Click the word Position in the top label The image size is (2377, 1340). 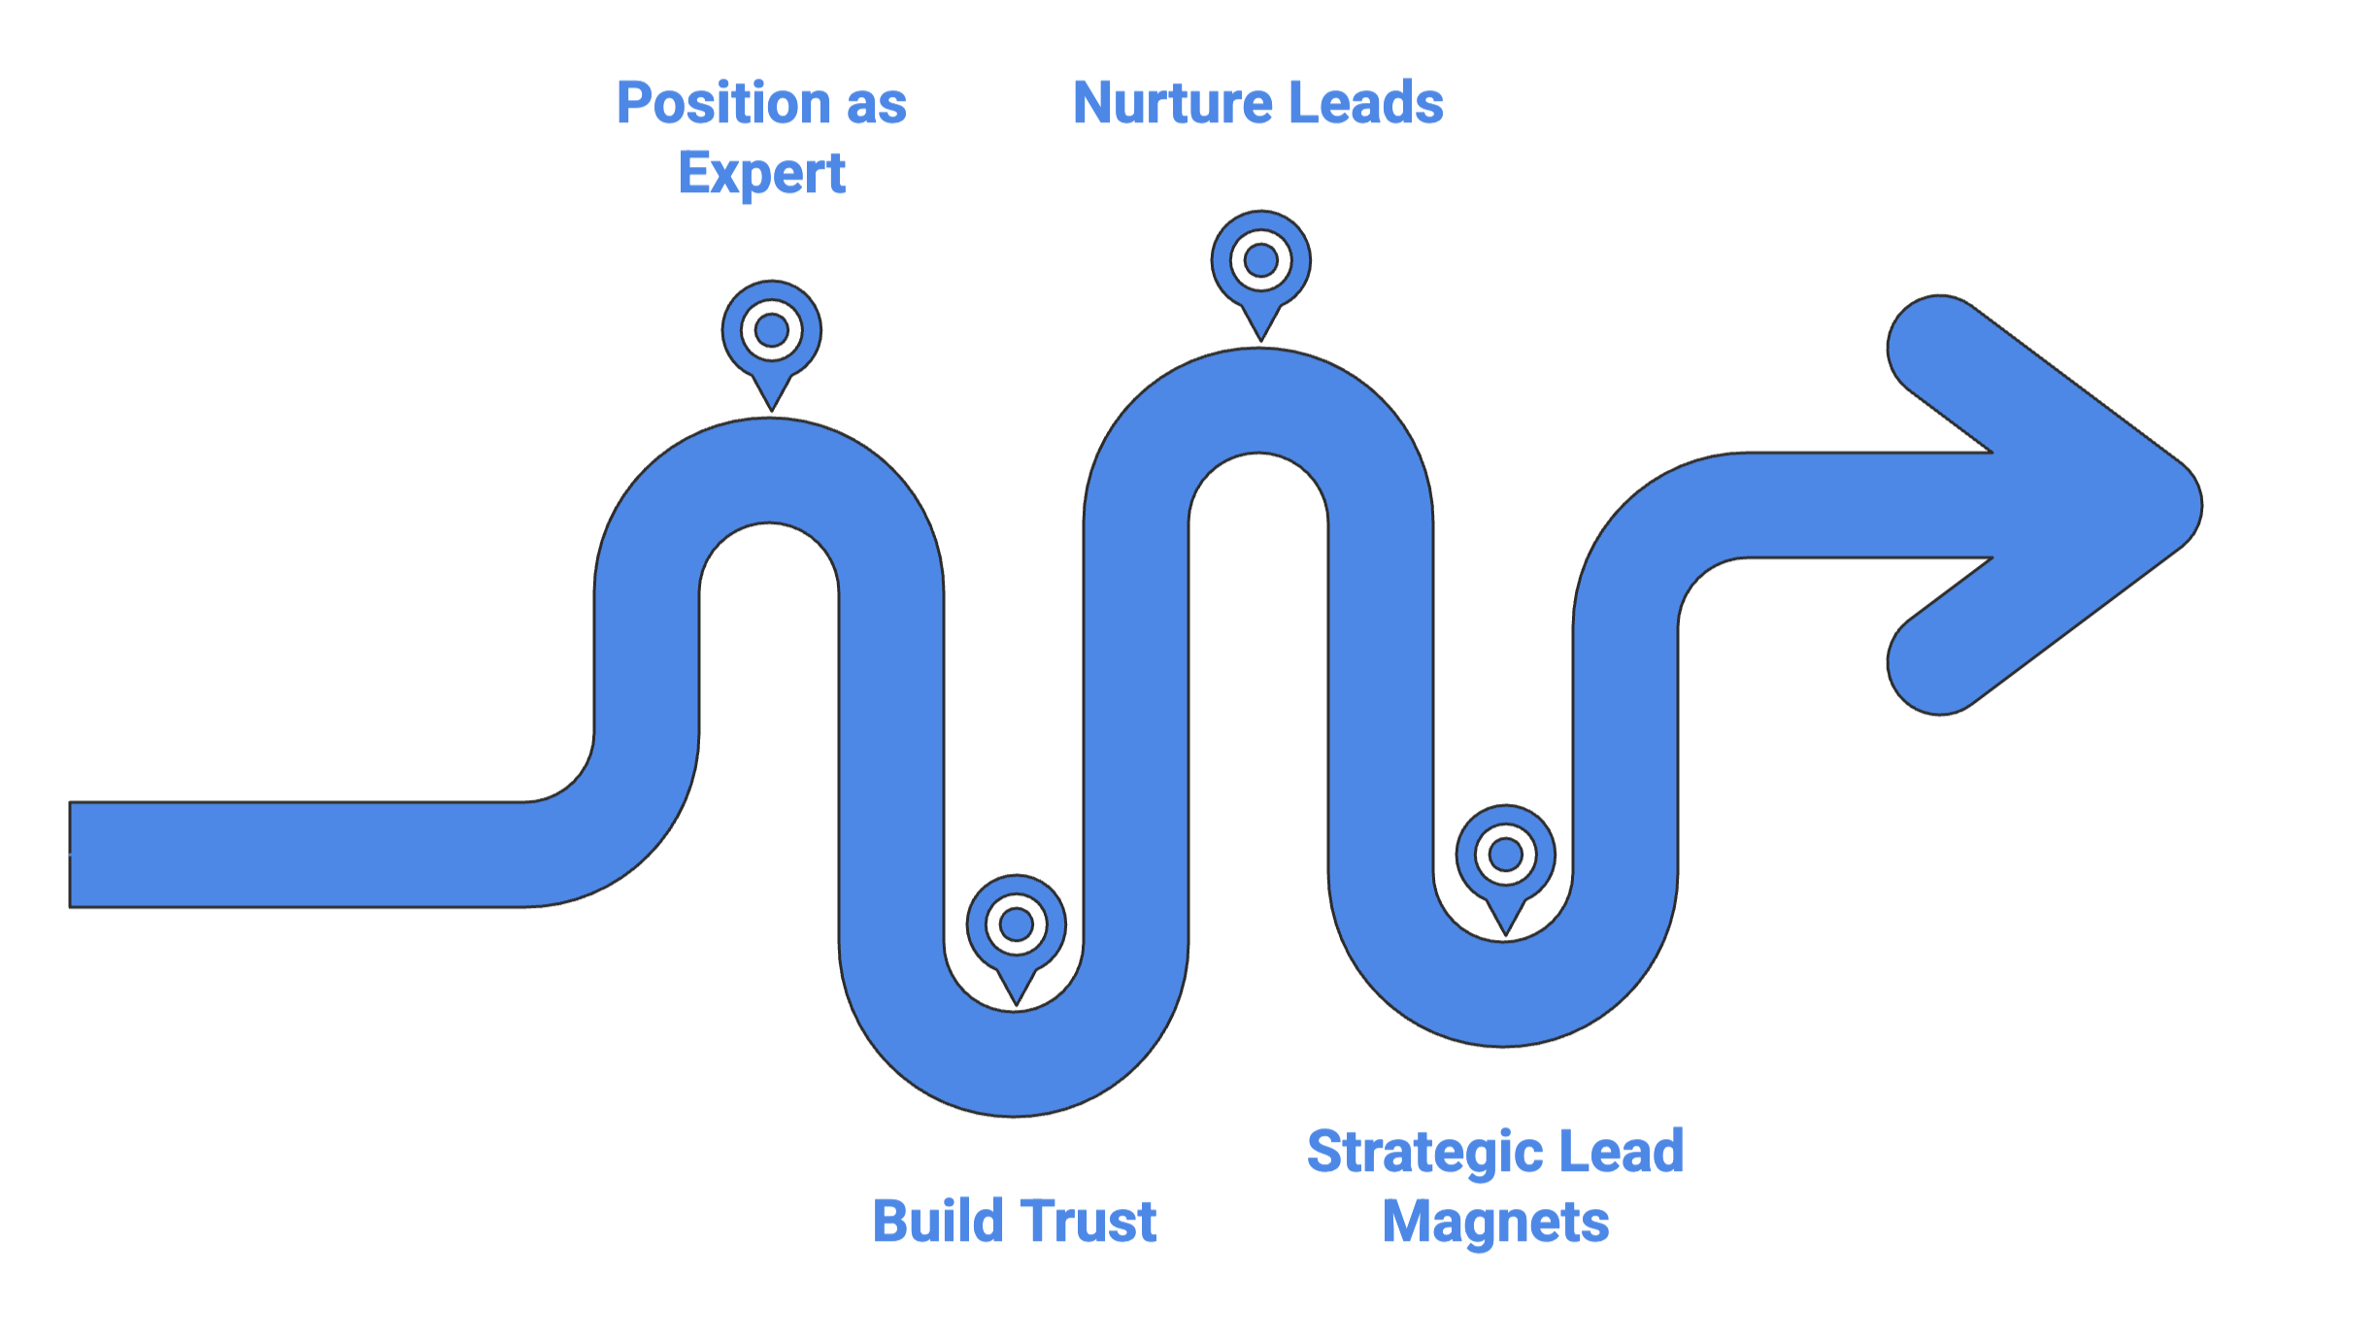tap(723, 104)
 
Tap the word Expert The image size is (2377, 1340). tap(762, 175)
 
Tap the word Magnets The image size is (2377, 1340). tap(1495, 1223)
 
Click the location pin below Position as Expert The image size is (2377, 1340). tap(771, 340)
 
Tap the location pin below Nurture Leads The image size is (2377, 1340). tap(1260, 270)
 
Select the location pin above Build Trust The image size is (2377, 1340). tap(1016, 934)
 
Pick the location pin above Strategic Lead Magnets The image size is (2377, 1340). tap(1505, 864)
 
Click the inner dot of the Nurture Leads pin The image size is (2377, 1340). tap(1260, 260)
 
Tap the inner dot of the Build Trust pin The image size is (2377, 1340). tap(1016, 924)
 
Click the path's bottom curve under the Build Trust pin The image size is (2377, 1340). tap(1014, 1063)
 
